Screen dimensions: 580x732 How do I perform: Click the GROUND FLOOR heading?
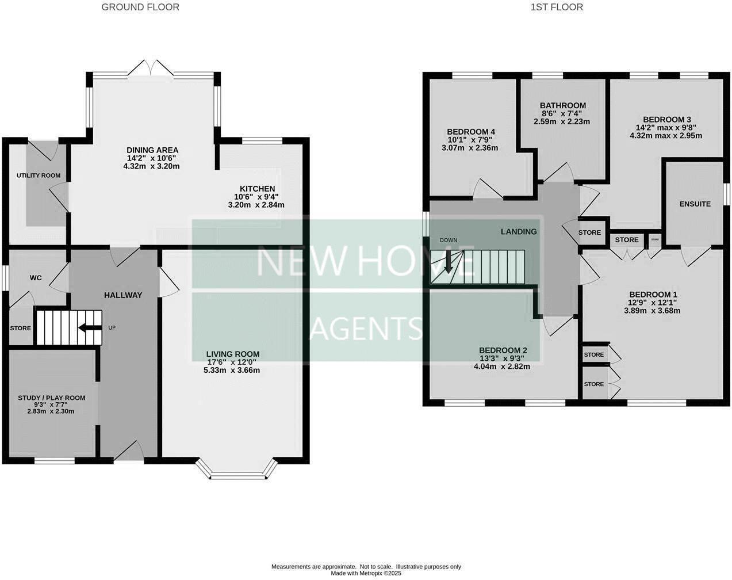tap(140, 7)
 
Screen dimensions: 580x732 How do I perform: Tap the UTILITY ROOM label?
tap(39, 175)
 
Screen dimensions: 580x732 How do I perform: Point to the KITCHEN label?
tap(257, 189)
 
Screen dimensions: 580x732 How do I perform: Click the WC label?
tap(36, 278)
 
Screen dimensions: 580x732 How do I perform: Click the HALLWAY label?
tap(122, 295)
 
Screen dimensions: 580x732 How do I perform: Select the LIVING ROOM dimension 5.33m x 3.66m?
tap(232, 370)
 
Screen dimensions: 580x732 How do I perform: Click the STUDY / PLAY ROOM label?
tap(52, 398)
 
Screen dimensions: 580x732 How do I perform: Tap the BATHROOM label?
tap(562, 105)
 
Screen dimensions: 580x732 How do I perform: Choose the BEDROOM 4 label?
tap(471, 132)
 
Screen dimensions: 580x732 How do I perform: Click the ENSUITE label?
tap(695, 204)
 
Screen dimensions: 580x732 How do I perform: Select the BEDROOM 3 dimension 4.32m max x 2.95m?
tap(666, 136)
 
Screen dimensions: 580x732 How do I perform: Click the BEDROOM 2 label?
tap(503, 350)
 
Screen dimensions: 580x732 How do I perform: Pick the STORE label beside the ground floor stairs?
tap(20, 329)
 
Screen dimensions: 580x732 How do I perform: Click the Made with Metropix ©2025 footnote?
tap(366, 573)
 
